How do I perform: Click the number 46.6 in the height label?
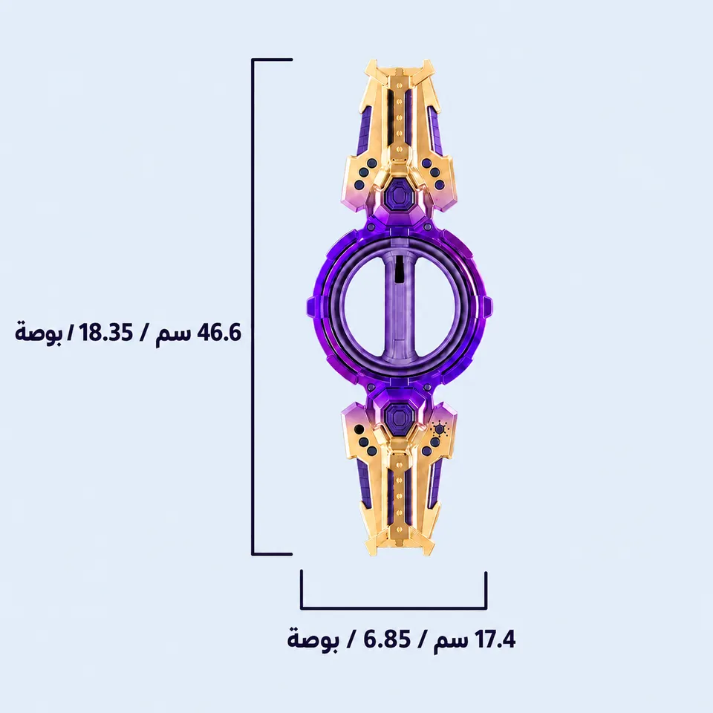coord(218,333)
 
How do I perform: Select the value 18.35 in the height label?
coord(107,333)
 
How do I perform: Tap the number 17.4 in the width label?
coord(495,639)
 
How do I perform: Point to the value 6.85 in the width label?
coord(388,639)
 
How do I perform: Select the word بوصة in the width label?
coord(313,639)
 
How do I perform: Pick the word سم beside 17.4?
coord(450,642)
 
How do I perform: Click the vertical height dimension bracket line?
coord(253,307)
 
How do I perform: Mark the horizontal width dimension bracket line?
coord(394,608)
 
